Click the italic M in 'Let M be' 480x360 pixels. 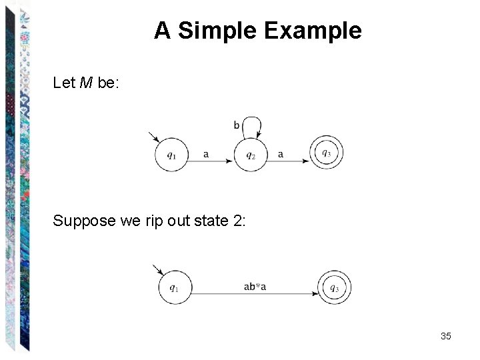85,83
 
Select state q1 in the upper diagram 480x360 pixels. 172,155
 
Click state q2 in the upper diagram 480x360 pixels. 251,155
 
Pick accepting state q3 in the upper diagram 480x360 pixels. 327,154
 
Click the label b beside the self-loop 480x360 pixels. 237,125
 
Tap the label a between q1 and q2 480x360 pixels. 206,154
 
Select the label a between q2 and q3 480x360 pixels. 281,154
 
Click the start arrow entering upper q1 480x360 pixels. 153,137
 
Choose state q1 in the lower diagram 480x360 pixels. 175,288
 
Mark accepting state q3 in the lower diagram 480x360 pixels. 334,288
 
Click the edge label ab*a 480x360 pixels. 255,287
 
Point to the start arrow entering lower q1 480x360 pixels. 157,269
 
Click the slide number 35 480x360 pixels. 446,336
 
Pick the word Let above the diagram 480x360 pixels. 64,83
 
